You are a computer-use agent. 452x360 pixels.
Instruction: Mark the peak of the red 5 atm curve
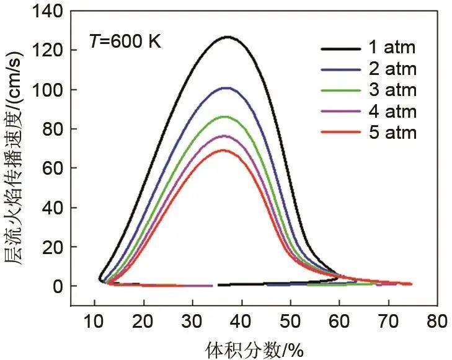pos(224,150)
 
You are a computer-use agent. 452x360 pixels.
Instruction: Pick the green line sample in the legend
pos(341,90)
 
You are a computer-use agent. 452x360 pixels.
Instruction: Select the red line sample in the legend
pos(341,132)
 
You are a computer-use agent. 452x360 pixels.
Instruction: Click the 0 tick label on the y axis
pos(57,286)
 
